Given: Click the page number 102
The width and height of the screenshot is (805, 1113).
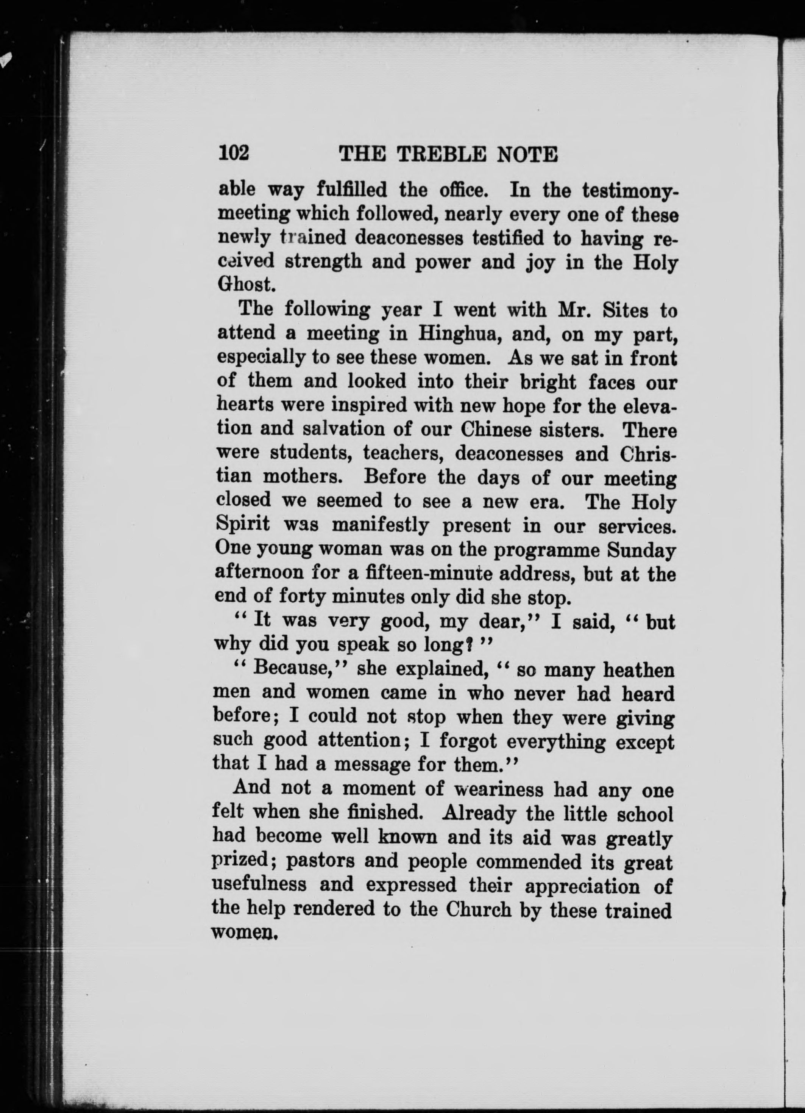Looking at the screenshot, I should tap(234, 154).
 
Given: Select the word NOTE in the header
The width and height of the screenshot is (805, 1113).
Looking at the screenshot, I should tap(527, 155).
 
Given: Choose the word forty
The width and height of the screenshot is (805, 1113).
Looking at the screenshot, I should tap(301, 597).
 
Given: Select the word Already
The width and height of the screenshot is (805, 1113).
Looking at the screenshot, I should tap(479, 814).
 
